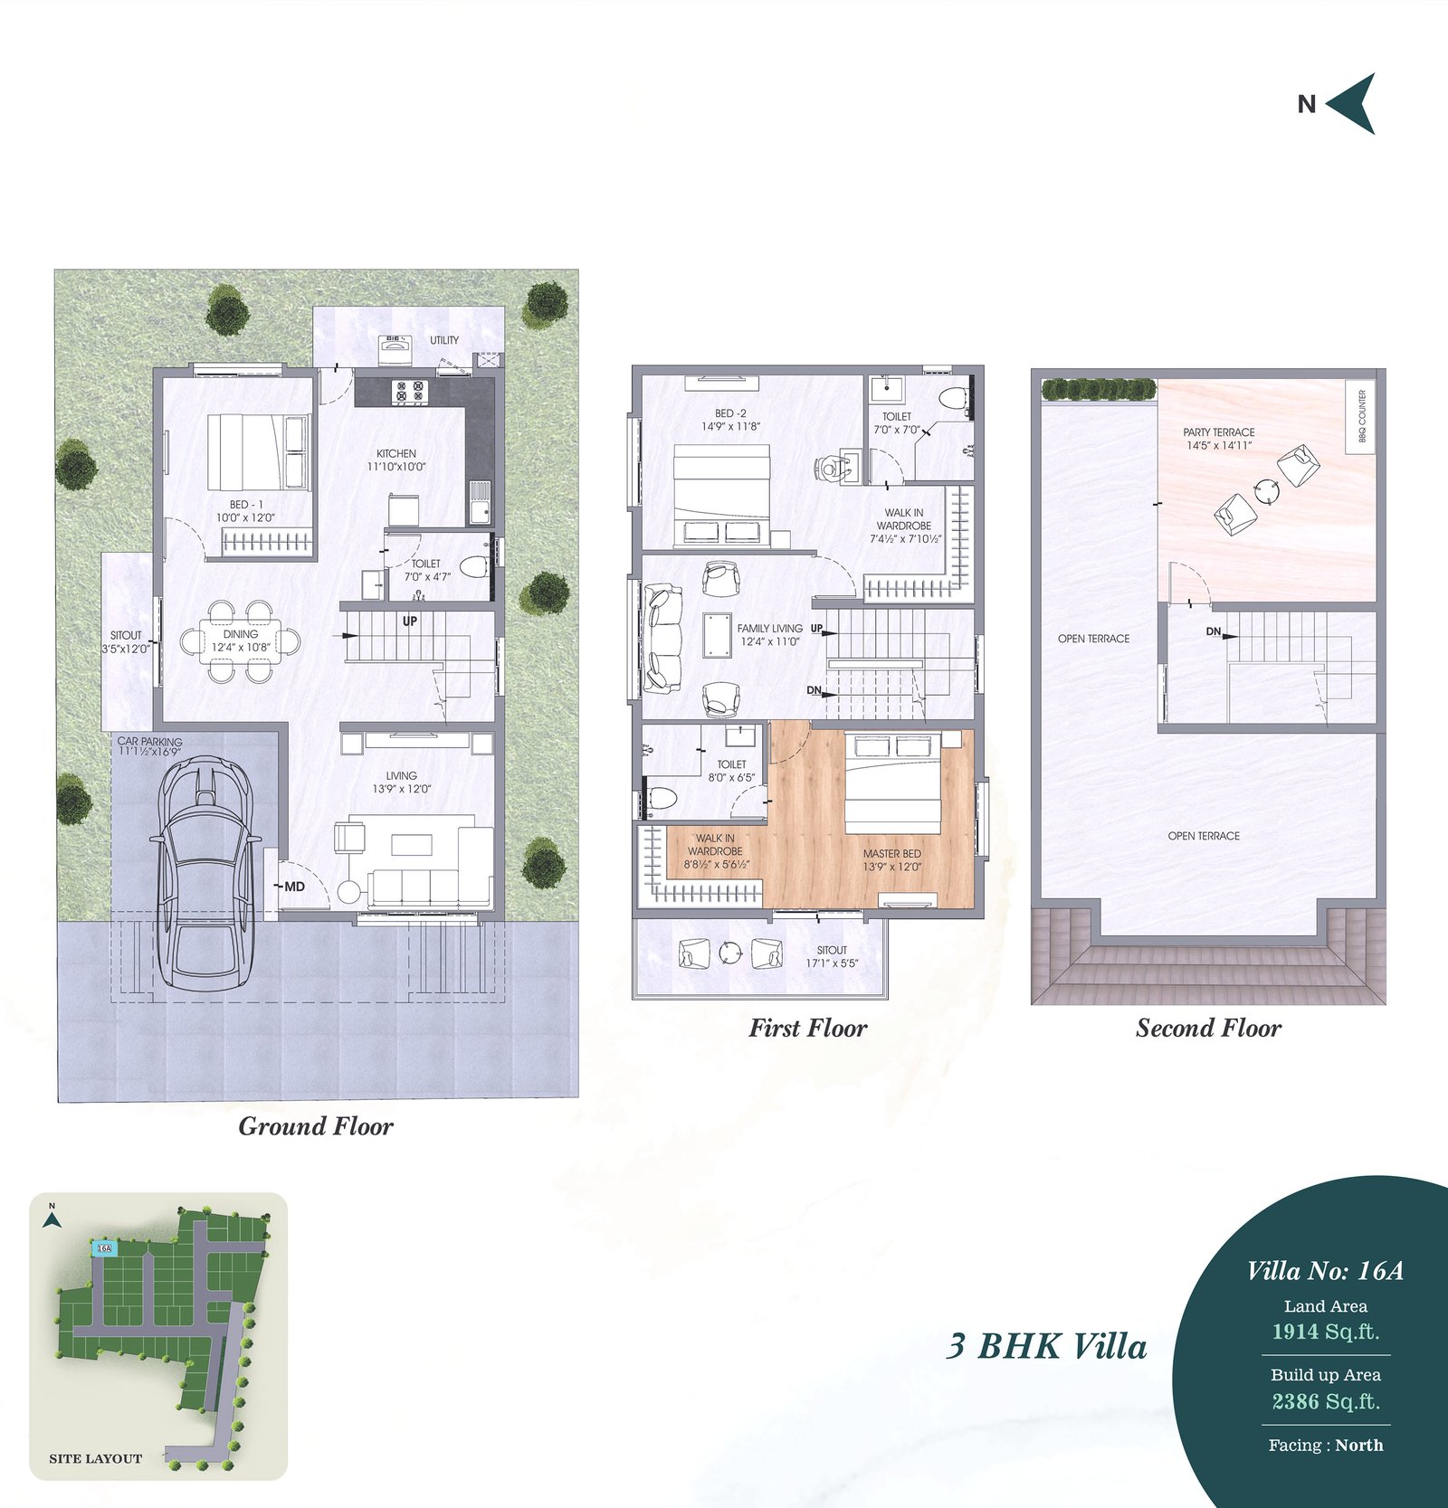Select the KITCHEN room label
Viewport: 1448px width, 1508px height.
(396, 453)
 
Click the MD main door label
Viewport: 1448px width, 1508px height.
(294, 887)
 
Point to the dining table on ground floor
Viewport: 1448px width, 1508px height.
(241, 640)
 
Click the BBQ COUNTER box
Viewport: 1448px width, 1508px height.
(1362, 416)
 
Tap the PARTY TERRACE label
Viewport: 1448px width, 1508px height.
(1219, 432)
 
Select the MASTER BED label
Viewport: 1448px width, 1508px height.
(892, 853)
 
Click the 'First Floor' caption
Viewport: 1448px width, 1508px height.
(807, 1028)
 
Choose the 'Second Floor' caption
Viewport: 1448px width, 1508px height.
(1208, 1028)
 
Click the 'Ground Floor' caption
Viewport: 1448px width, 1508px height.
(316, 1126)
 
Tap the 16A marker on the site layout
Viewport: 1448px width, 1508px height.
(104, 1248)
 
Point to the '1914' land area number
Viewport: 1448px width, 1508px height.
(1295, 1332)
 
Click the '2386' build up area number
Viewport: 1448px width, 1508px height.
(1295, 1401)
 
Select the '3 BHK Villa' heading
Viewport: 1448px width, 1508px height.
(1046, 1346)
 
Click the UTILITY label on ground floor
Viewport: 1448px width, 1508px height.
(444, 340)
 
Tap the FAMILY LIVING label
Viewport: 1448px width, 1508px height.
(769, 628)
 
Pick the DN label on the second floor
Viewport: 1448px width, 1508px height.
(1214, 631)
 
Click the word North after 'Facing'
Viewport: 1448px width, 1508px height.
(1359, 1445)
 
